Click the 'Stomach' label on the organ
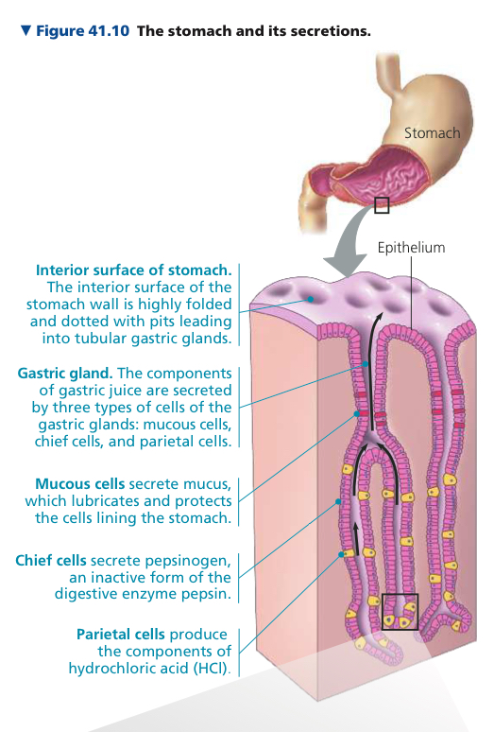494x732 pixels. pyautogui.click(x=432, y=133)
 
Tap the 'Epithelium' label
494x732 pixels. pyautogui.click(x=411, y=248)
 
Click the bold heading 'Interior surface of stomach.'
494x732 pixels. pyautogui.click(x=134, y=270)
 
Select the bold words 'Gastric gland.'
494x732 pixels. pyautogui.click(x=65, y=374)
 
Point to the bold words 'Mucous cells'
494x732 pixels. pyautogui.click(x=79, y=483)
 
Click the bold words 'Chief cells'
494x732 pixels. pyautogui.click(x=51, y=560)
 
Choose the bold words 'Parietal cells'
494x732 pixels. pyautogui.click(x=121, y=635)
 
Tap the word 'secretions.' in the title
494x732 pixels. pyautogui.click(x=334, y=31)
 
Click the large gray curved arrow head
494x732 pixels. pyautogui.click(x=346, y=265)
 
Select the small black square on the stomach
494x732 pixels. pyautogui.click(x=382, y=205)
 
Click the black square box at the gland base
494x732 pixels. pyautogui.click(x=400, y=612)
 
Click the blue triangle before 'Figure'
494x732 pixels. pyautogui.click(x=26, y=31)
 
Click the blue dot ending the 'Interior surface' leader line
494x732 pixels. pyautogui.click(x=309, y=300)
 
